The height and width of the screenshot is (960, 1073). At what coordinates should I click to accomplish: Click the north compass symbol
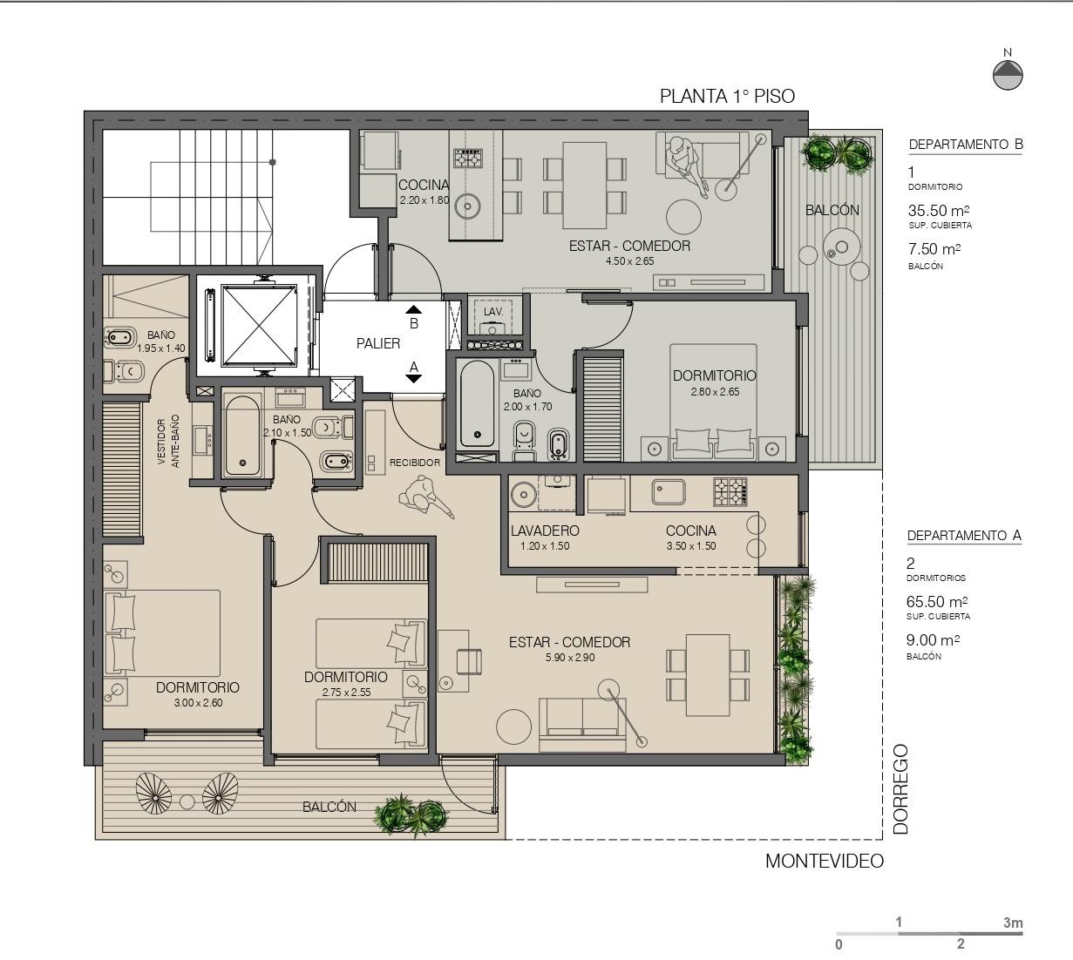pos(1008,75)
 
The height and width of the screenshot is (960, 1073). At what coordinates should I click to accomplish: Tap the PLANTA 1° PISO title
pos(727,97)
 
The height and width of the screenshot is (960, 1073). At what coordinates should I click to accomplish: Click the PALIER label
pos(377,343)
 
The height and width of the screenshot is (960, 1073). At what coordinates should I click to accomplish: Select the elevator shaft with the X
pos(258,326)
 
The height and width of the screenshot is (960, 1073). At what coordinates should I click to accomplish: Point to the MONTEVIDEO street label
pos(825,861)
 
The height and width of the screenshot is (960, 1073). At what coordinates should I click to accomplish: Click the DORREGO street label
pos(901,789)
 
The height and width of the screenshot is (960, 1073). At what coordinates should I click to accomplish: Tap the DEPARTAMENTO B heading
pos(966,145)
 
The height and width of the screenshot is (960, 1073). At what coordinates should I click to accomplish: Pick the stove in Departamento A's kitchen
pos(730,491)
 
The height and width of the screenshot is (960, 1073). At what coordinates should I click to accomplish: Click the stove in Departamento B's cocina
pos(468,158)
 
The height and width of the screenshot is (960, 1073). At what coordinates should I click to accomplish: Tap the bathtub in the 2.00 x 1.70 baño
pos(477,403)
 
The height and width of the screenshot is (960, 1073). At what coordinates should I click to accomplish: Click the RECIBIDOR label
pos(415,463)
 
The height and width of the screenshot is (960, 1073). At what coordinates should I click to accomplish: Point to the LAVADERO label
pos(545,531)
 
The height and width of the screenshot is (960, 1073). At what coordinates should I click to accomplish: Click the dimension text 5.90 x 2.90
pos(570,658)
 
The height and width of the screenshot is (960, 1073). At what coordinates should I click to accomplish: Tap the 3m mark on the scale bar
pos(1013,923)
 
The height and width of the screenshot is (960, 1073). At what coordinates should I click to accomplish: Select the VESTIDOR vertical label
pos(161,442)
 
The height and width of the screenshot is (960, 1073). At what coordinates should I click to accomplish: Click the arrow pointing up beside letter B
pos(414,309)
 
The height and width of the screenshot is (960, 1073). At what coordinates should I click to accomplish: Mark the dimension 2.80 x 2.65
pos(715,392)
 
